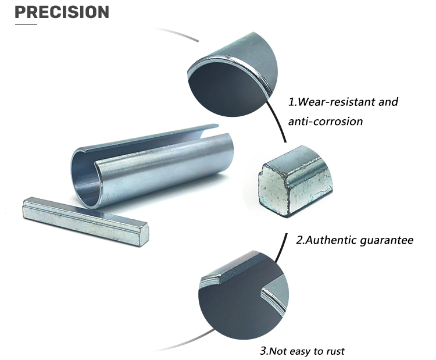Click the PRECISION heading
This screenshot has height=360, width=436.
coord(62,12)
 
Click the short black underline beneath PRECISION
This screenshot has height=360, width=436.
coord(26,24)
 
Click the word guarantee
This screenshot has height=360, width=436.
coord(387,240)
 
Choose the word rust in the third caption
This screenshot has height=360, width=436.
coord(334,351)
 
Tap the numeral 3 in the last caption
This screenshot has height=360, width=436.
coord(262,351)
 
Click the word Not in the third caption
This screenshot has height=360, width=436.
coord(278,351)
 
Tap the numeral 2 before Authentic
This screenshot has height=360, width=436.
coord(299,240)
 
